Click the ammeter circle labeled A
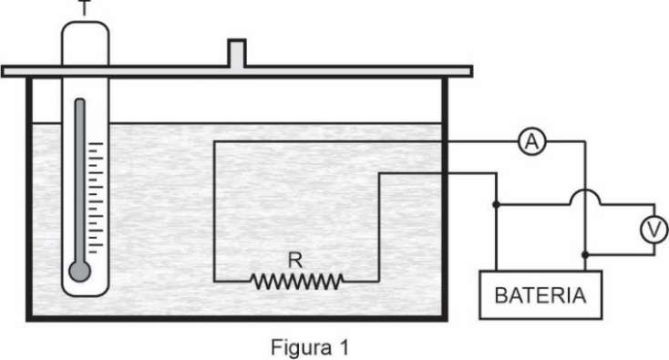pyautogui.click(x=532, y=141)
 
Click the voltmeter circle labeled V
pyautogui.click(x=654, y=230)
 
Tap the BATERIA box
pyautogui.click(x=540, y=294)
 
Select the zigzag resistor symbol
pyautogui.click(x=297, y=282)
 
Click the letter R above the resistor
pyautogui.click(x=295, y=260)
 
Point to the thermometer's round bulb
pyautogui.click(x=80, y=272)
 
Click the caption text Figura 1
pyautogui.click(x=310, y=347)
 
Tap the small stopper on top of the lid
pyautogui.click(x=237, y=53)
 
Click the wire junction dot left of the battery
pyautogui.click(x=496, y=205)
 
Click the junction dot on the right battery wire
pyautogui.click(x=585, y=254)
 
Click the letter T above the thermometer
pyautogui.click(x=86, y=7)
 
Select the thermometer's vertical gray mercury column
pyautogui.click(x=80, y=181)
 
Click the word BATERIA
pyautogui.click(x=540, y=295)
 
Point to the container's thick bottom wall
pyautogui.click(x=237, y=318)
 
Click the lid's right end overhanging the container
pyautogui.click(x=460, y=71)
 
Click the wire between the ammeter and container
pyautogui.click(x=483, y=141)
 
